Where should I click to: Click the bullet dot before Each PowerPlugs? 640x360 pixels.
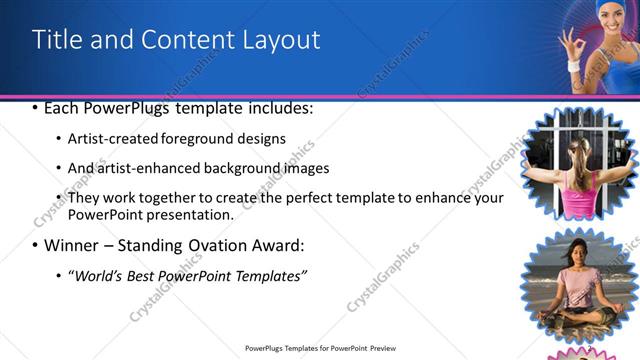pos(36,108)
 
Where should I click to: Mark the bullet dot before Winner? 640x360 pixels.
pos(36,245)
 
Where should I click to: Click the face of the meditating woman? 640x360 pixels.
pos(578,253)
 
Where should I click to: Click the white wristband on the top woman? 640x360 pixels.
pos(573,66)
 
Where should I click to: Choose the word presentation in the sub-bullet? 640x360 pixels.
pos(190,214)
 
